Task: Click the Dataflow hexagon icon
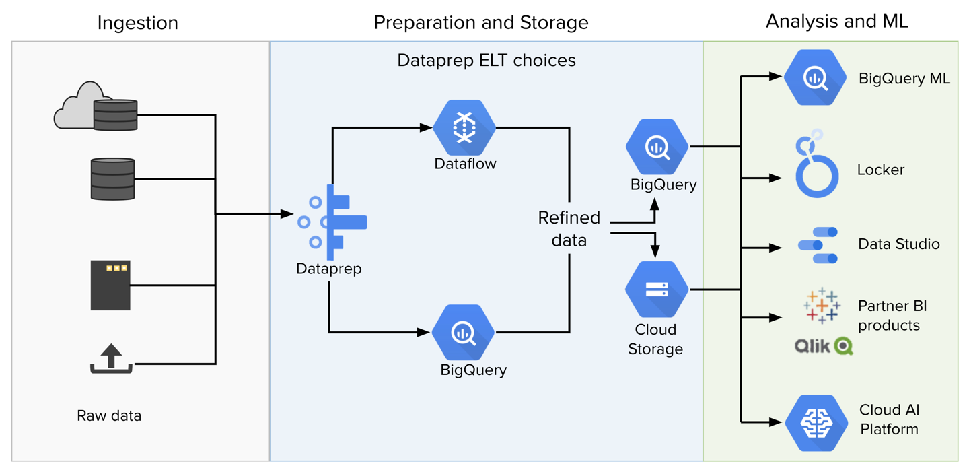click(464, 127)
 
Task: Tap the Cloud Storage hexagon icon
click(656, 290)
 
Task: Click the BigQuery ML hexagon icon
click(815, 77)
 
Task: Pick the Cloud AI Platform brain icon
click(816, 423)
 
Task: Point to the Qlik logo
click(823, 346)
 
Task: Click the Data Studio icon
click(818, 245)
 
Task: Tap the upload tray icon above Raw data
click(112, 359)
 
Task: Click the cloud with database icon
click(96, 108)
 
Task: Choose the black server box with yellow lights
click(110, 286)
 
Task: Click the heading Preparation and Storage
click(480, 23)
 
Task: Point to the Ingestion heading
click(137, 23)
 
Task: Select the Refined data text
click(569, 229)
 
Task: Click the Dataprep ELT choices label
click(486, 61)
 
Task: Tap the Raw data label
click(109, 415)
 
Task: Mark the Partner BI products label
click(892, 316)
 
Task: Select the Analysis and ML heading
click(836, 22)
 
